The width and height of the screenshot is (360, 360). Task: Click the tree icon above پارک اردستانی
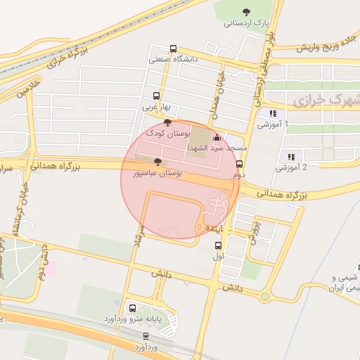click(246, 11)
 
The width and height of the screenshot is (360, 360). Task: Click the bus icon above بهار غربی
click(156, 96)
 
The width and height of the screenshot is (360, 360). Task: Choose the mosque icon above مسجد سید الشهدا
click(217, 138)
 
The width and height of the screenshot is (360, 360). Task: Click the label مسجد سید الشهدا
click(217, 149)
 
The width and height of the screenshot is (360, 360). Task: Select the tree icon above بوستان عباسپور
click(157, 162)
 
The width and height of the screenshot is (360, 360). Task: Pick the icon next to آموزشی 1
click(272, 113)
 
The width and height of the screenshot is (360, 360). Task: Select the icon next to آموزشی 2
click(290, 156)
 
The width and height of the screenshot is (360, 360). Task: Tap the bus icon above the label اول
click(218, 246)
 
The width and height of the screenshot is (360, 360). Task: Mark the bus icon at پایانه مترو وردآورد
click(133, 309)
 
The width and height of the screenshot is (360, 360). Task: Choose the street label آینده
click(214, 229)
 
